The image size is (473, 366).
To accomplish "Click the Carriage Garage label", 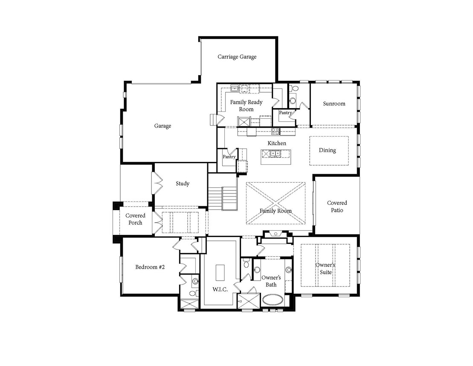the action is tap(237, 57).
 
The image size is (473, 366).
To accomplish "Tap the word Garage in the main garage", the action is tap(163, 126).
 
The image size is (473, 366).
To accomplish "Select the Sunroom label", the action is tap(334, 104).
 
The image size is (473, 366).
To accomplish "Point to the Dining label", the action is tap(327, 150).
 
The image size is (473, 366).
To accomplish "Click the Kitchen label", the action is tap(277, 143).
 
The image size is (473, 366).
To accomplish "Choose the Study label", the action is tap(183, 184).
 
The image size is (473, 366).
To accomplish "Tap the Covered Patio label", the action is tap(337, 207).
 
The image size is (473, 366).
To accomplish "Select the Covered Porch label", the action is tap(135, 219).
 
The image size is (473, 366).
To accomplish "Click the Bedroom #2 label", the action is tap(150, 267).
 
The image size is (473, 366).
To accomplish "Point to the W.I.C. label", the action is tap(220, 289).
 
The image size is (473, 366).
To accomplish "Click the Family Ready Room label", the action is tap(246, 105).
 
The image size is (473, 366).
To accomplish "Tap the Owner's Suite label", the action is tap(325, 269).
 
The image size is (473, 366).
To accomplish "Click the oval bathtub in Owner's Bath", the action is tap(273, 300).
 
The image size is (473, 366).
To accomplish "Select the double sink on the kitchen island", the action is tap(275, 154).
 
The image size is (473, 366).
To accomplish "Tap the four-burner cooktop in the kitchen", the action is tap(276, 132).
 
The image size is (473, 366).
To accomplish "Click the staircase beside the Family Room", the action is tap(222, 199).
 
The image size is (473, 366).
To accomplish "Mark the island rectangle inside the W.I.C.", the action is tap(220, 272).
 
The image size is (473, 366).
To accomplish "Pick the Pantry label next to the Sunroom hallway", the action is tap(285, 113).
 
